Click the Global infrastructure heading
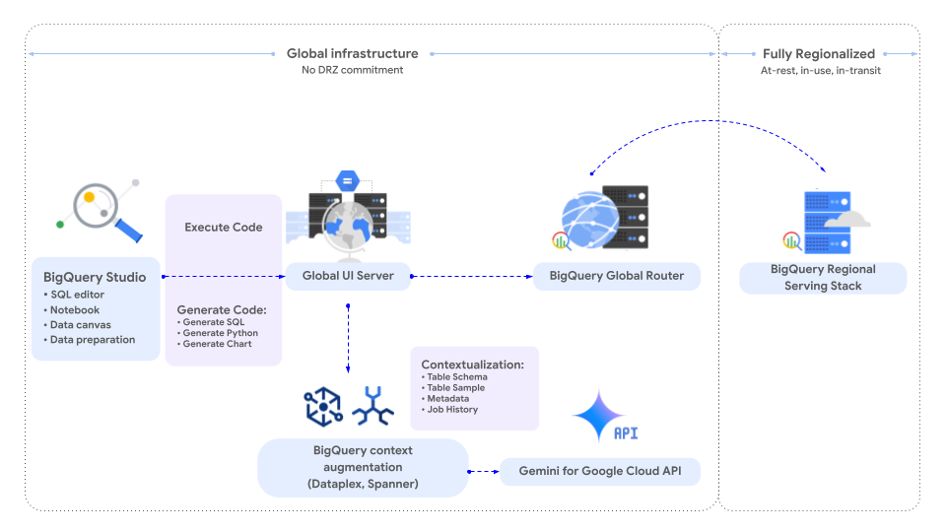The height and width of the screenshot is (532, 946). click(x=352, y=53)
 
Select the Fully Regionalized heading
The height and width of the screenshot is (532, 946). click(x=818, y=53)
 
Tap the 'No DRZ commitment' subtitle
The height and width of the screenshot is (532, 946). click(x=352, y=70)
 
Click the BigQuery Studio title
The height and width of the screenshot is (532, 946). click(x=95, y=277)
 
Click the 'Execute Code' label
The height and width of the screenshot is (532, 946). click(x=224, y=227)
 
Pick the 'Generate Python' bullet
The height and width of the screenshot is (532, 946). click(x=220, y=333)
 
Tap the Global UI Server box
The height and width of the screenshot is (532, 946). click(x=348, y=276)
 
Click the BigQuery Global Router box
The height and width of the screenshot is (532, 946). click(x=616, y=276)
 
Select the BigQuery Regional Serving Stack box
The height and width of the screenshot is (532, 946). click(x=823, y=277)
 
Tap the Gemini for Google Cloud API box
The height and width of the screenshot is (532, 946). click(x=601, y=472)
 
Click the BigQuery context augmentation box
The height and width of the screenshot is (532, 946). click(x=363, y=467)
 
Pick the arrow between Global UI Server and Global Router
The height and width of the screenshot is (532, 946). click(x=471, y=276)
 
